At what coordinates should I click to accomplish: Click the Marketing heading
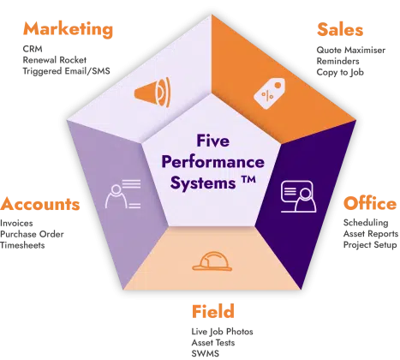pyautogui.click(x=68, y=29)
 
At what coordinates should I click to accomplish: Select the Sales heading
pyautogui.click(x=340, y=29)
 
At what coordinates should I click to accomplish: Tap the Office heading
pyautogui.click(x=370, y=203)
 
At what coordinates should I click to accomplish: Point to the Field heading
pyautogui.click(x=213, y=311)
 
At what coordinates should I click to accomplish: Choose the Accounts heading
pyautogui.click(x=40, y=204)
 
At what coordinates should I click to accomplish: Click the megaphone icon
pyautogui.click(x=152, y=92)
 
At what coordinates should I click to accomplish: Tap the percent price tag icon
pyautogui.click(x=269, y=93)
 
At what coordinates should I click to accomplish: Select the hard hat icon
pyautogui.click(x=212, y=261)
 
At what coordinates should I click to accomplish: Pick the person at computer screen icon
pyautogui.click(x=298, y=196)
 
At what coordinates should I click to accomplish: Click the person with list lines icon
pyautogui.click(x=123, y=194)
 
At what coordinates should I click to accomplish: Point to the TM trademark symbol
pyautogui.click(x=248, y=180)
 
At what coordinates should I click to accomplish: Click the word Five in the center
pyautogui.click(x=212, y=141)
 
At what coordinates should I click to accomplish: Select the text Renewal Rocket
pyautogui.click(x=55, y=60)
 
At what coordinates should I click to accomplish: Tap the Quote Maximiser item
pyautogui.click(x=351, y=50)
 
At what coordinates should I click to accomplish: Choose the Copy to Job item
pyautogui.click(x=340, y=72)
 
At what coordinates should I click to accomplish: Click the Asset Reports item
pyautogui.click(x=371, y=234)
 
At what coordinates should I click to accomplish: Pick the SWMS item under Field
pyautogui.click(x=206, y=353)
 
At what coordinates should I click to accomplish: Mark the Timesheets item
pyautogui.click(x=22, y=245)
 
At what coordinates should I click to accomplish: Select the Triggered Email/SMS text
pyautogui.click(x=66, y=71)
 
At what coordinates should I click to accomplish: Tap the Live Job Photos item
pyautogui.click(x=223, y=332)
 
